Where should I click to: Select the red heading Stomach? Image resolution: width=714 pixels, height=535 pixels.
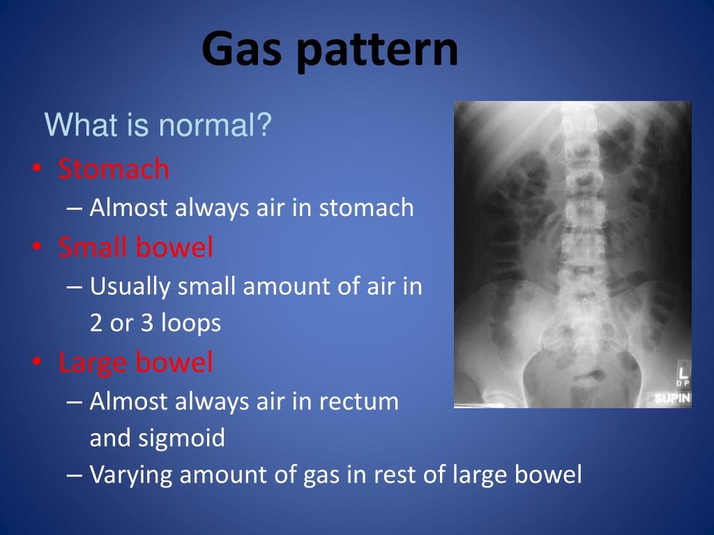[x=114, y=169]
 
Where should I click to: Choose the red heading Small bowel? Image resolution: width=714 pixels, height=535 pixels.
[x=135, y=247]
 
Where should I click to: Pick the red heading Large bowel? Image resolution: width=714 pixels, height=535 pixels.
[x=135, y=363]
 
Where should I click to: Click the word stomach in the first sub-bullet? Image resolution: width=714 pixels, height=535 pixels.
[x=366, y=208]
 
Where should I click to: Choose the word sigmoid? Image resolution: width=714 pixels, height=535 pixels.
[x=185, y=439]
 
